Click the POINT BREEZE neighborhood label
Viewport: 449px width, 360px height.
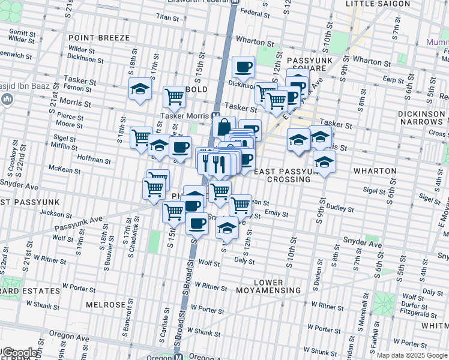[x=98, y=38]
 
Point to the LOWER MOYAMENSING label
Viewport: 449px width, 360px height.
[x=268, y=286]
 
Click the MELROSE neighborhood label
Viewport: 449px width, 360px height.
[x=106, y=305]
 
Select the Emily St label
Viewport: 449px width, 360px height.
[x=276, y=214]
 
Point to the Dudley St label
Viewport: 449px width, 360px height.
[x=340, y=209]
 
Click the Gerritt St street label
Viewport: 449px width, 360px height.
[x=22, y=32]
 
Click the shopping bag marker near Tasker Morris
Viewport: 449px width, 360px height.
[x=224, y=127]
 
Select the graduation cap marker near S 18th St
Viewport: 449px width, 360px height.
[x=140, y=89]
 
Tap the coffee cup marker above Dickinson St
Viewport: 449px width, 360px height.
[x=243, y=67]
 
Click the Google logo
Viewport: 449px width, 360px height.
[x=19, y=353]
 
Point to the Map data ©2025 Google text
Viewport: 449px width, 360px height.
[x=412, y=355]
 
